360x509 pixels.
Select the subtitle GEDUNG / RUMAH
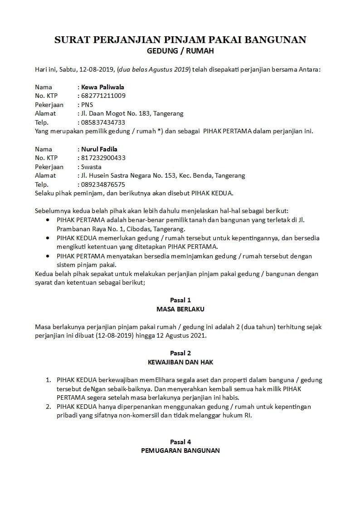180,51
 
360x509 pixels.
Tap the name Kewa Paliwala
102,87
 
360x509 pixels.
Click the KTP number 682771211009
103,96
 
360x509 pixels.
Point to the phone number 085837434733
103,122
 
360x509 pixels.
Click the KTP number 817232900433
103,158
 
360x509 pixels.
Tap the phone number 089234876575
103,184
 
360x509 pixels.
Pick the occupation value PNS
87,105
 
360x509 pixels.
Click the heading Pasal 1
180,300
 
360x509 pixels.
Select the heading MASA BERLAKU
180,309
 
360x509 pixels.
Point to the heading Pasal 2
180,353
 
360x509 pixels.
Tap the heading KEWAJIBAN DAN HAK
180,362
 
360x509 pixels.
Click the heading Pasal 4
180,442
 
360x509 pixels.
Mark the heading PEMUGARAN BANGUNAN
180,451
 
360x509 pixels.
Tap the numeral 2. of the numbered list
48,407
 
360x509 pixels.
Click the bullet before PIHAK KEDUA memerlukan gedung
49,238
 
